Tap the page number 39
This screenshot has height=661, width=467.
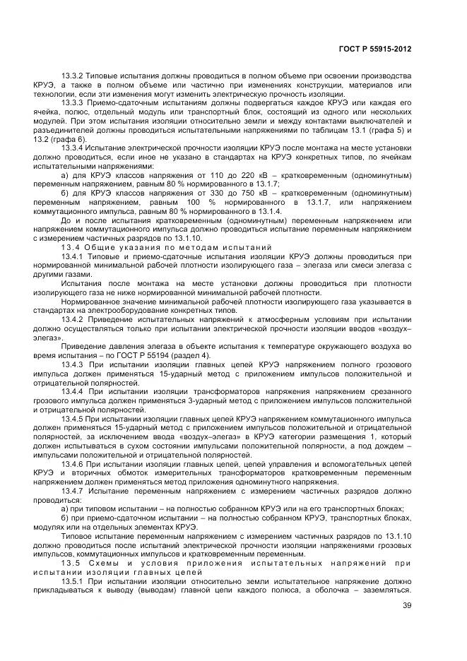[x=406, y=605]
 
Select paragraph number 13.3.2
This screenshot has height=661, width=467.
[x=74, y=76]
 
